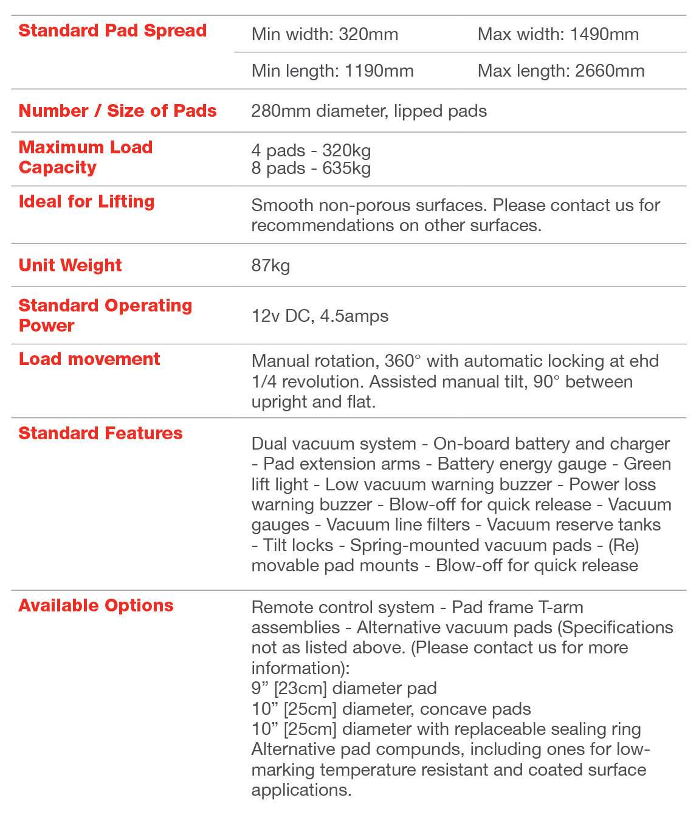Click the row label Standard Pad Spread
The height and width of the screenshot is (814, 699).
(x=112, y=30)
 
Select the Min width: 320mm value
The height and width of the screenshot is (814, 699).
(x=325, y=35)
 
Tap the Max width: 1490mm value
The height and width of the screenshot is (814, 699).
(x=558, y=35)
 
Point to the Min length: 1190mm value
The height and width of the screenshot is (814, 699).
(x=332, y=71)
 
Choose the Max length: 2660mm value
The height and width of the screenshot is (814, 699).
(x=561, y=71)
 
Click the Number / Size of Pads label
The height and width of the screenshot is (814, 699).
(x=117, y=111)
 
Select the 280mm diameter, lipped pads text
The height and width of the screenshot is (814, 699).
(x=369, y=111)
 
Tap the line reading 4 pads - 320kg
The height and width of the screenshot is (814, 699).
(x=311, y=150)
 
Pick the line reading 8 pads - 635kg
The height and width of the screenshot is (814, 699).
(x=311, y=168)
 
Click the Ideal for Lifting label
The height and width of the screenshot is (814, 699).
(x=86, y=201)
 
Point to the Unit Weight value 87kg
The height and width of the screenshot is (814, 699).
(x=270, y=266)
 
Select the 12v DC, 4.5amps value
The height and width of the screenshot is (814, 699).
(x=320, y=316)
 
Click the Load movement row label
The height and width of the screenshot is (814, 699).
(x=89, y=359)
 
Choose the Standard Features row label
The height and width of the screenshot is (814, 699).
(x=100, y=433)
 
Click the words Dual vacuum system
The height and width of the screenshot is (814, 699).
(x=334, y=444)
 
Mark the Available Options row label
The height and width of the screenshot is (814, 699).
(x=96, y=605)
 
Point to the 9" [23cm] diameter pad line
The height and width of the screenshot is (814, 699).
(x=344, y=689)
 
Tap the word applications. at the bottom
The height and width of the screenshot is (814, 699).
(x=301, y=790)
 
